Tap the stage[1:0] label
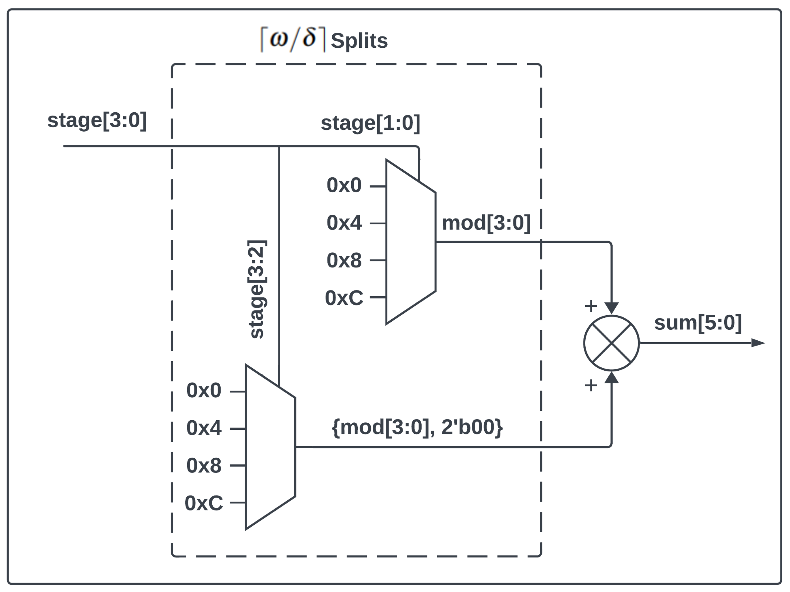(x=370, y=123)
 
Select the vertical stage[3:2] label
(x=256, y=289)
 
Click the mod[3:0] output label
(x=486, y=223)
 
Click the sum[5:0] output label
(x=698, y=323)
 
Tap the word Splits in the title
(x=359, y=41)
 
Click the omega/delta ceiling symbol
(x=293, y=39)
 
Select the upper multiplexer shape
(x=410, y=242)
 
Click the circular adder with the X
(x=611, y=343)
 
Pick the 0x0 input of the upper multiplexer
(x=344, y=185)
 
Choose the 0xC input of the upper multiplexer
(x=344, y=298)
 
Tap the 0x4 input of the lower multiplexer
(x=203, y=428)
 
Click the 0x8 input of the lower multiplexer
(x=203, y=466)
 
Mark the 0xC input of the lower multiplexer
(x=203, y=503)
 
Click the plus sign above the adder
(x=591, y=306)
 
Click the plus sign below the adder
(x=591, y=385)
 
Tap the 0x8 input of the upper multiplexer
(x=344, y=260)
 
